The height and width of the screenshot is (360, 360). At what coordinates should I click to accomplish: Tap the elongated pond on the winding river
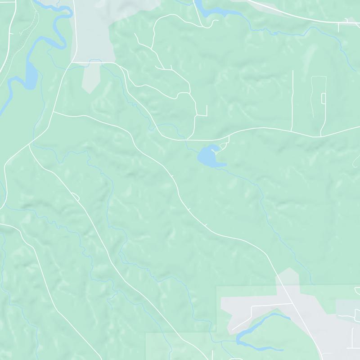30,75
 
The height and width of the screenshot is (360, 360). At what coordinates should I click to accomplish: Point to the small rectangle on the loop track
323,98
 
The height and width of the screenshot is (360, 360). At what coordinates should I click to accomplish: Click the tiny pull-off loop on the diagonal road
75,196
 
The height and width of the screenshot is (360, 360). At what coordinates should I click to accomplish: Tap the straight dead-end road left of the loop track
292,99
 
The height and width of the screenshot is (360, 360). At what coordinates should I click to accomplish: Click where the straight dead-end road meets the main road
292,131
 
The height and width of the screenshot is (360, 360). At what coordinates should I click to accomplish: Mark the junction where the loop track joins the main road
320,135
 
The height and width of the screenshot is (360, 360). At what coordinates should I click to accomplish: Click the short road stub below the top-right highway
339,27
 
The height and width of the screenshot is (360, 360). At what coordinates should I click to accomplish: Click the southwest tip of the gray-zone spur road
232,330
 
